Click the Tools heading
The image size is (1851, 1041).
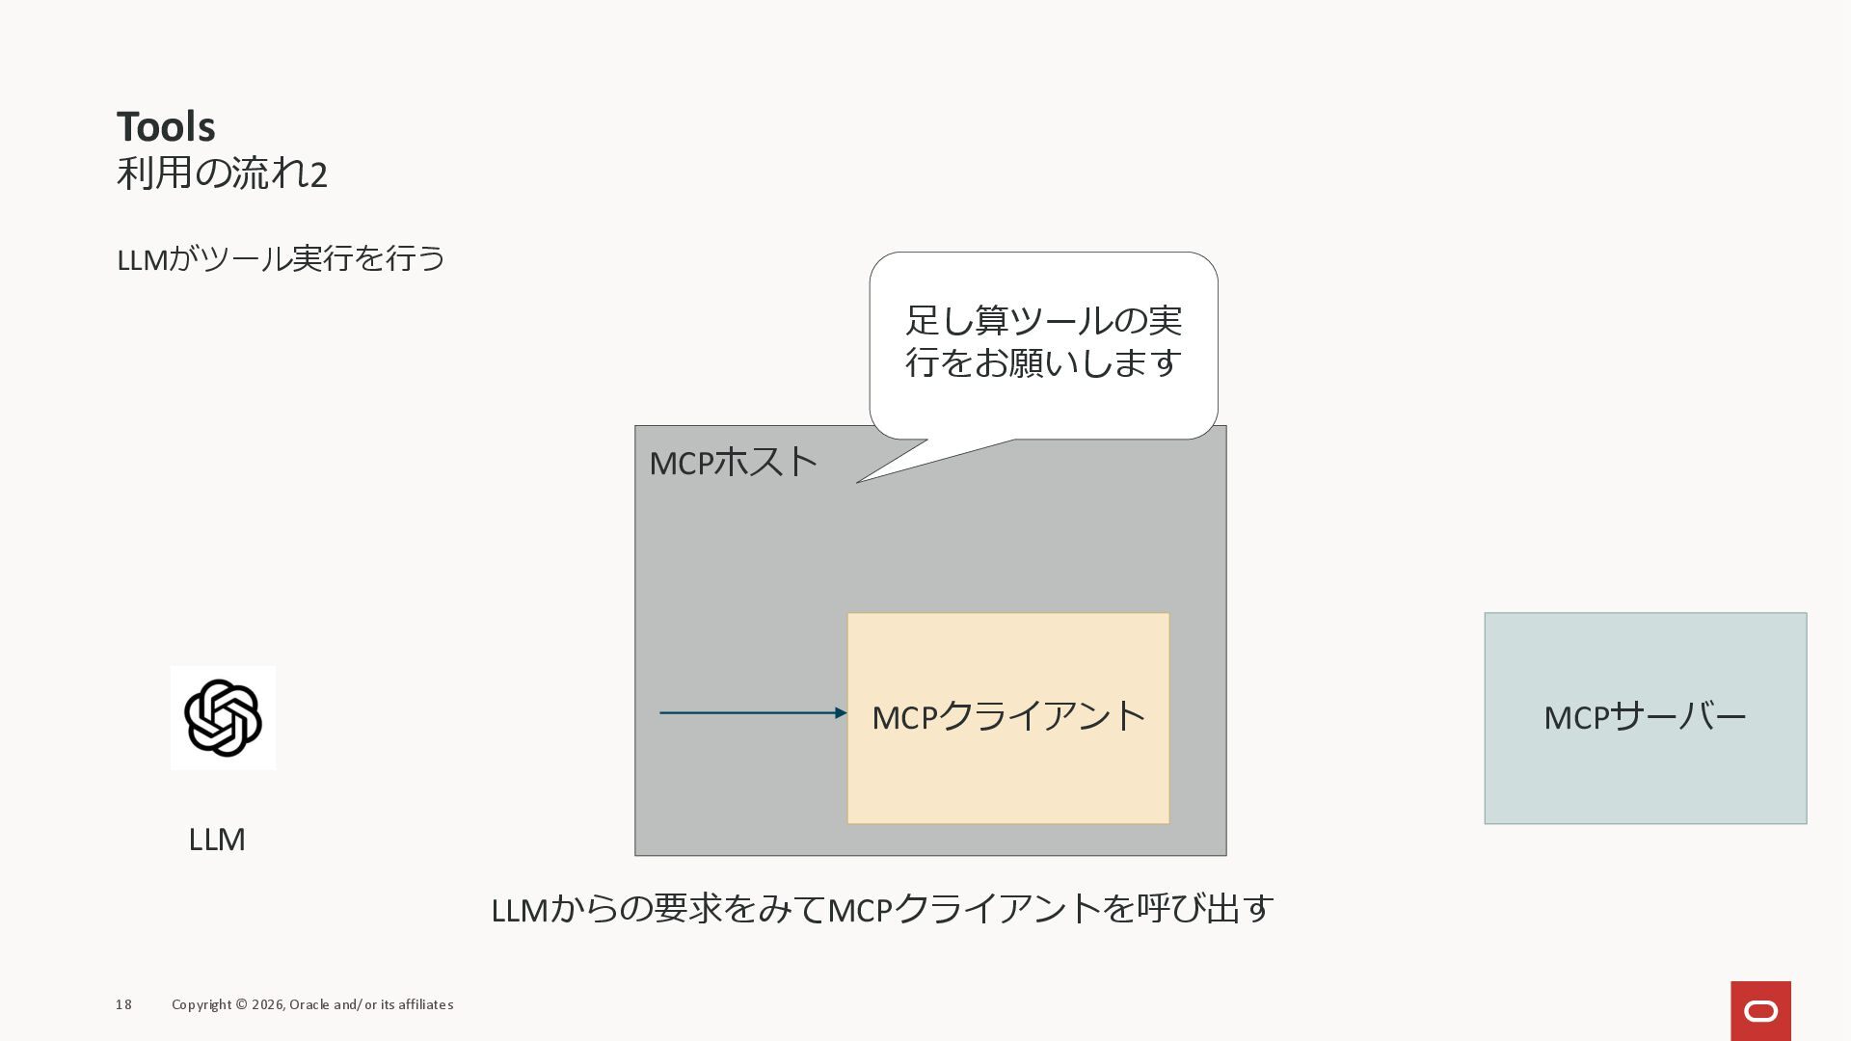(x=166, y=126)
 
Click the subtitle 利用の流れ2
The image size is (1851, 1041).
(x=222, y=174)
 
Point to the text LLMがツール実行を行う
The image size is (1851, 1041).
(x=281, y=259)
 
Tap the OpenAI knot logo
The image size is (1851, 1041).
(x=223, y=718)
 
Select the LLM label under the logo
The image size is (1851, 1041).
(x=217, y=840)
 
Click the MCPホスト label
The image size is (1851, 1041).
(x=733, y=463)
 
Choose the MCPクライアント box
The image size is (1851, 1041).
(x=1008, y=718)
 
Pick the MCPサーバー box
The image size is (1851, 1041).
(x=1645, y=718)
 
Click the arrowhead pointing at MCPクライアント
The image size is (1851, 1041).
(x=842, y=713)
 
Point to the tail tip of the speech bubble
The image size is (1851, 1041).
(x=858, y=482)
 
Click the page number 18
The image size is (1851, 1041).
(x=123, y=1004)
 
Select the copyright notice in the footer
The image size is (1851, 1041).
(x=312, y=1004)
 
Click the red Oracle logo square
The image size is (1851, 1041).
(x=1760, y=1011)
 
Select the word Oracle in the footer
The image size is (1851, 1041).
(x=309, y=1004)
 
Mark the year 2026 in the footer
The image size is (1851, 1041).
(x=267, y=1004)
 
